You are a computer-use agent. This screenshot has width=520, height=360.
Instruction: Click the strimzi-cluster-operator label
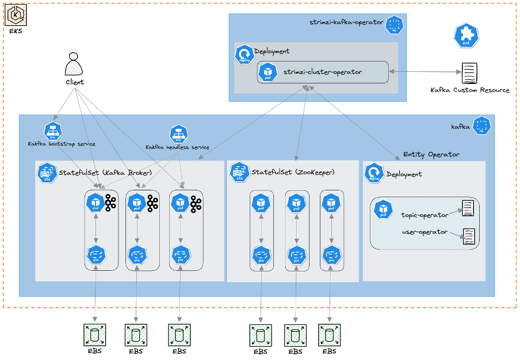click(x=323, y=72)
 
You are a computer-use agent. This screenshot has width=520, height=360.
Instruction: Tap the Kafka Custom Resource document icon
click(x=470, y=73)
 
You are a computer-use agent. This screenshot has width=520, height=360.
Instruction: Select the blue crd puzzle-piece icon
click(x=466, y=36)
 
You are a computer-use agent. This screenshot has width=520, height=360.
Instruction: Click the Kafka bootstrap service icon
click(x=53, y=131)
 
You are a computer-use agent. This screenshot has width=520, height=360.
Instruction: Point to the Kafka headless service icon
click(x=179, y=135)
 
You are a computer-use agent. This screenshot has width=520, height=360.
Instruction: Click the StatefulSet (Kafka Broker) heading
click(x=105, y=173)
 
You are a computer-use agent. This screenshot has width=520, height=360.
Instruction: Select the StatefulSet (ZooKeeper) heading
click(x=293, y=172)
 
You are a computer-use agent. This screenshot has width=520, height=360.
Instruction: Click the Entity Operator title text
click(x=431, y=154)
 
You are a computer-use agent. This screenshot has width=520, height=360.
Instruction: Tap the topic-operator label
click(x=425, y=215)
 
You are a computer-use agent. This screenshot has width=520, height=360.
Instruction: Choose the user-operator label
click(x=425, y=232)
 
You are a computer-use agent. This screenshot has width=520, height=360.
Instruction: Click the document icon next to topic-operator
click(x=468, y=208)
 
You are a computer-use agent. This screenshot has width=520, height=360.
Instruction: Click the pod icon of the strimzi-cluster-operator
click(x=267, y=72)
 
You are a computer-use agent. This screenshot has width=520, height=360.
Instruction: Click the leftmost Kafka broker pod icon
click(x=95, y=203)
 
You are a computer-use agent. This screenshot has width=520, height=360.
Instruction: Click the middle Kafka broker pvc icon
click(x=136, y=254)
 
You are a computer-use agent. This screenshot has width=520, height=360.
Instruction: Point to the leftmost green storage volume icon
click(x=94, y=334)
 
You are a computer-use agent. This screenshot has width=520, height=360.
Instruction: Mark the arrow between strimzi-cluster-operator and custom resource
click(x=425, y=72)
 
